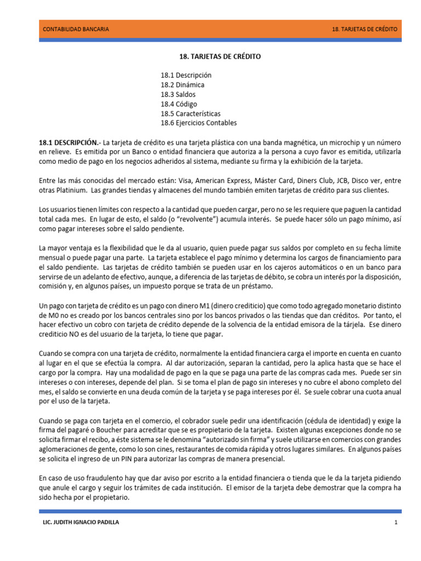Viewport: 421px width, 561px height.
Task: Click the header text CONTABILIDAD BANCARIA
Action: pyautogui.click(x=76, y=29)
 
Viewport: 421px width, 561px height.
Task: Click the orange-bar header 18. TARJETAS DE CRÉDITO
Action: pyautogui.click(x=365, y=29)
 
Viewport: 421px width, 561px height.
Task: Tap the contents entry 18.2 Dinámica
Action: pyautogui.click(x=183, y=85)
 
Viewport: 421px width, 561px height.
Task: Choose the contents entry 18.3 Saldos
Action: pyautogui.click(x=178, y=94)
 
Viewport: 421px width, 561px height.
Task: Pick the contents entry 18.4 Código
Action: pyautogui.click(x=179, y=104)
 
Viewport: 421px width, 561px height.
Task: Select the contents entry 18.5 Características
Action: pyautogui.click(x=191, y=113)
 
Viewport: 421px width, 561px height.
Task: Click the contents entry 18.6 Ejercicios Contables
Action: pyautogui.click(x=199, y=123)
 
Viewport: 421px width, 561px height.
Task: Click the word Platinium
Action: pyautogui.click(x=73, y=190)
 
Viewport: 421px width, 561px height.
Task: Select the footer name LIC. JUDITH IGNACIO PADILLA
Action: pyautogui.click(x=81, y=523)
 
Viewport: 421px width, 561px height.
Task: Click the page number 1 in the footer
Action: pyautogui.click(x=395, y=523)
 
